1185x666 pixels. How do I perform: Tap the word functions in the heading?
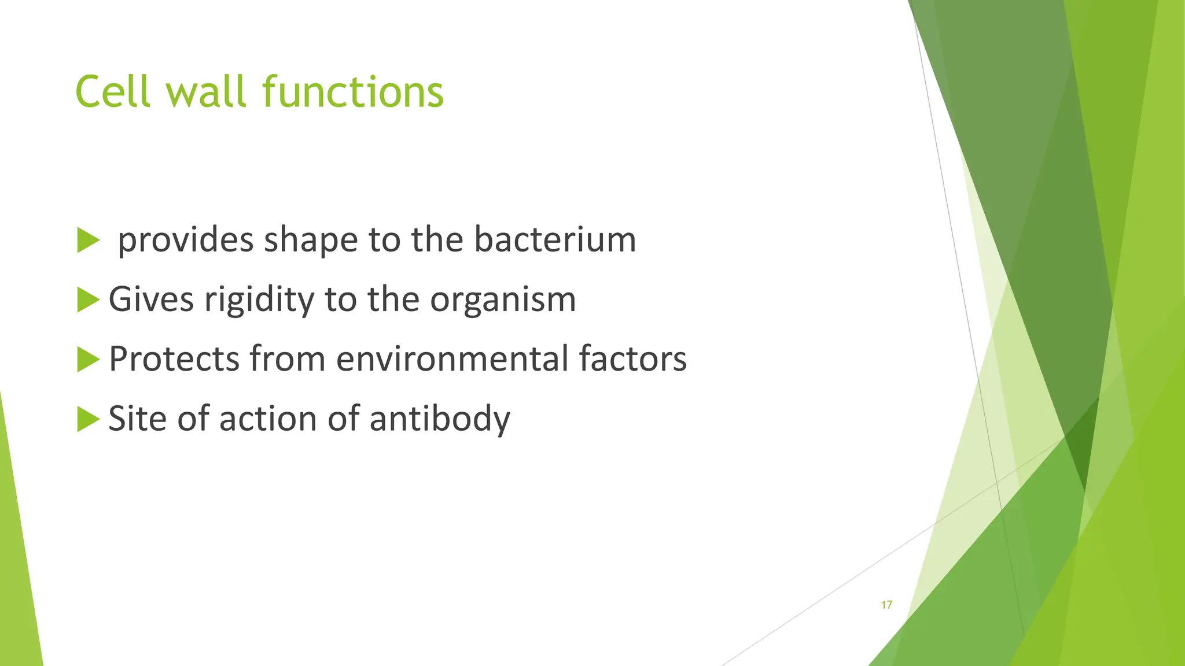pos(352,92)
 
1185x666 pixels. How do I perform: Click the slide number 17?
pos(886,605)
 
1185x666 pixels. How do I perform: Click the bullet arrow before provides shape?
pos(88,240)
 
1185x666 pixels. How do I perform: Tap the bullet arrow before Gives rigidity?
pos(88,299)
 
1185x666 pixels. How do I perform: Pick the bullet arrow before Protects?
pos(88,359)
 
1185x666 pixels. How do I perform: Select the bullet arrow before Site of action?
pos(88,419)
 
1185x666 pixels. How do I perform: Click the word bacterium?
pos(555,239)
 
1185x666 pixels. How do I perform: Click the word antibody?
pos(440,419)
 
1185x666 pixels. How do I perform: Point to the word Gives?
pos(151,299)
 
